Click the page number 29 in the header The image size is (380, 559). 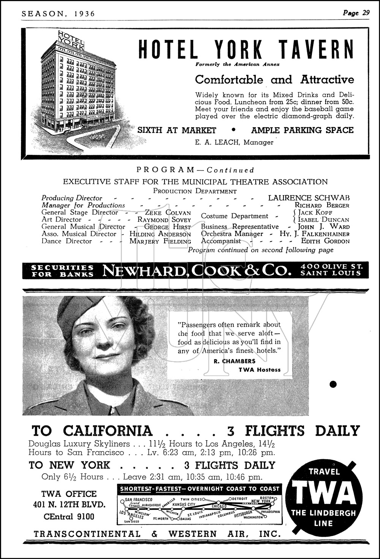pyautogui.click(x=366, y=13)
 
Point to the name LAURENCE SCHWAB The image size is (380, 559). pyautogui.click(x=309, y=198)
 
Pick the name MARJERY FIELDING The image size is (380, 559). pyautogui.click(x=160, y=241)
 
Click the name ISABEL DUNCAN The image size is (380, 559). pyautogui.click(x=323, y=220)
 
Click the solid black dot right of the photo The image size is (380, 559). pyautogui.click(x=333, y=384)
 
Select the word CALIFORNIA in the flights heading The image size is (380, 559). pyautogui.click(x=108, y=431)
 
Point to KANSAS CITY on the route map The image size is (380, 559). pyautogui.click(x=184, y=504)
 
